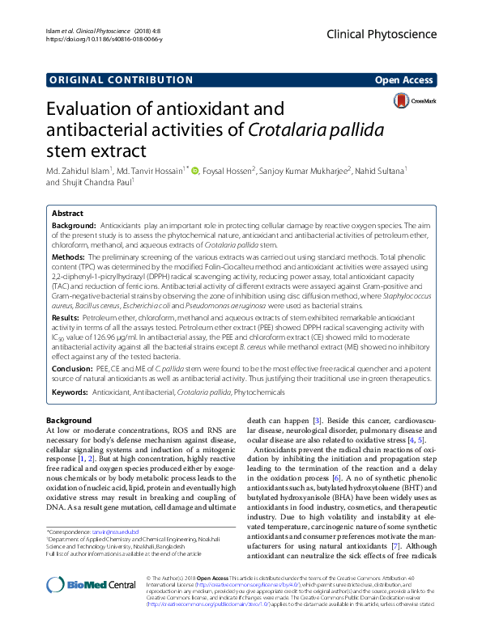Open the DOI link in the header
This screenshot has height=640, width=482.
tap(101, 37)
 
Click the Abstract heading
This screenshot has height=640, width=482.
tap(69, 211)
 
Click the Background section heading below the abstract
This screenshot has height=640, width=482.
tap(69, 421)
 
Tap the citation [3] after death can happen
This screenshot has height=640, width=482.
tap(318, 421)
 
